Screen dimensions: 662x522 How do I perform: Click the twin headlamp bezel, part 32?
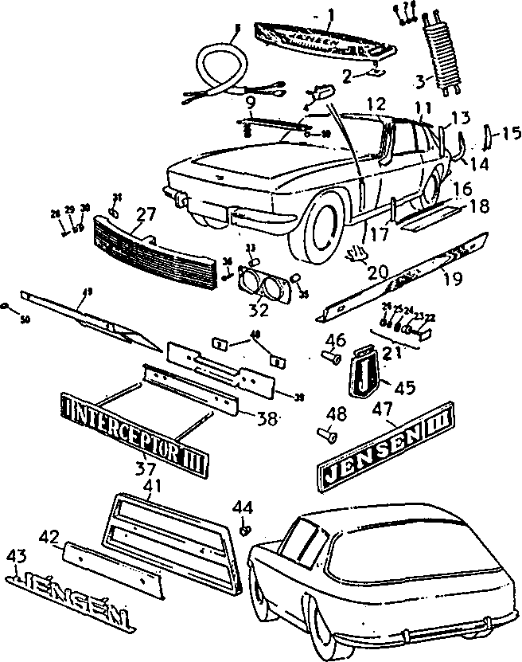(x=263, y=284)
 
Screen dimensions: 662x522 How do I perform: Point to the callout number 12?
(x=375, y=103)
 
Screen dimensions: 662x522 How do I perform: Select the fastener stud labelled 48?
(x=325, y=434)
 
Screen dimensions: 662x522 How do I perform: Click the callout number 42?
(x=49, y=538)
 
